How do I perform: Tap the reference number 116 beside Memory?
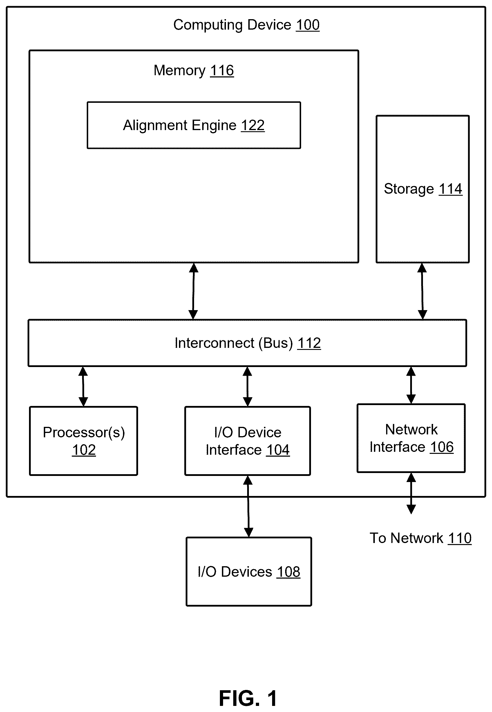(x=222, y=71)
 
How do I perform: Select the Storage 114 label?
(x=423, y=189)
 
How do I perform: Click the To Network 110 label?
(x=420, y=538)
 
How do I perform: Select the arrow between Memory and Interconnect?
(x=193, y=291)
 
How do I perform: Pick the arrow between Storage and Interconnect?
(x=422, y=291)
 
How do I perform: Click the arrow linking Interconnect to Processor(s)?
(x=83, y=386)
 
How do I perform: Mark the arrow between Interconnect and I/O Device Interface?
(x=247, y=386)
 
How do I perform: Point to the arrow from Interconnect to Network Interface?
(x=411, y=385)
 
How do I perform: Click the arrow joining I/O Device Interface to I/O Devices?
(x=248, y=506)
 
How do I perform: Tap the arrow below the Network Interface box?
(x=411, y=493)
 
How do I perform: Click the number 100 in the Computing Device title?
(x=308, y=25)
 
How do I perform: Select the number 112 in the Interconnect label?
(x=309, y=343)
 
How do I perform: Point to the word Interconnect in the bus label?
(x=215, y=343)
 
